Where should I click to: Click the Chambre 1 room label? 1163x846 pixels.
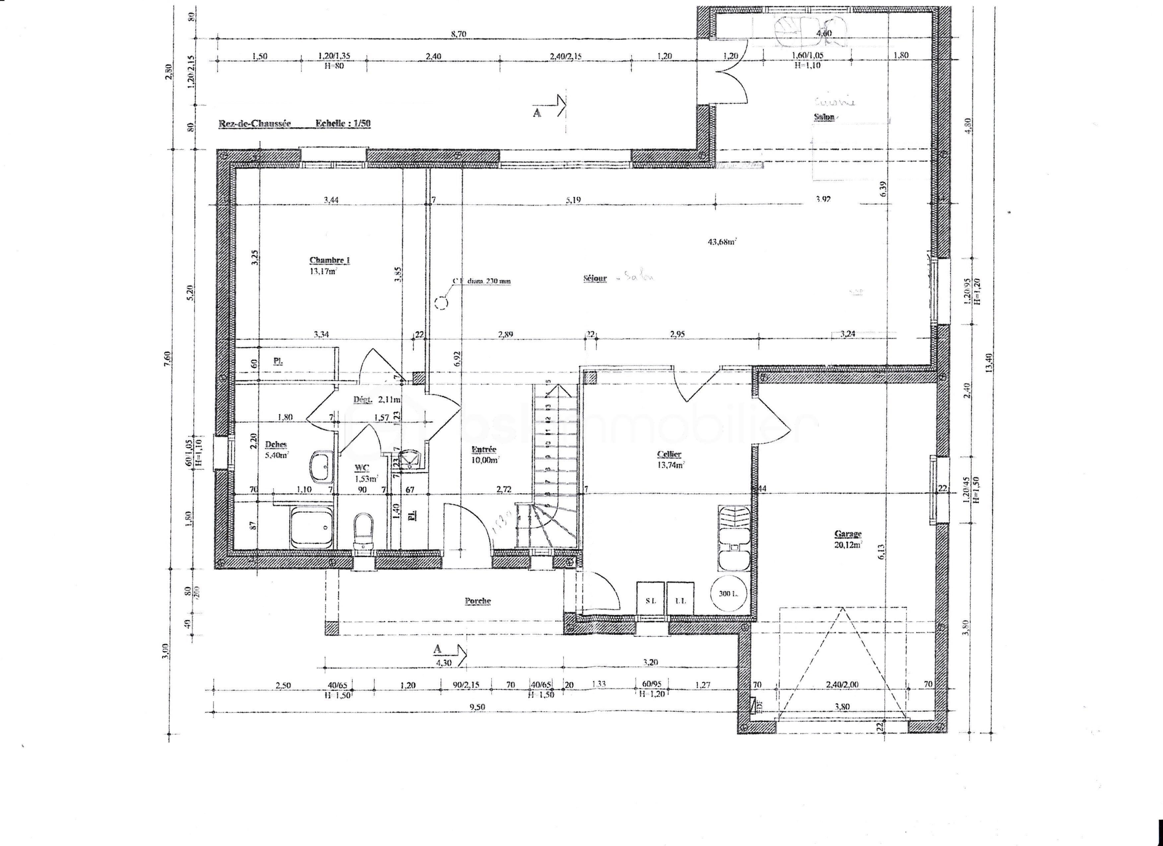tap(329, 260)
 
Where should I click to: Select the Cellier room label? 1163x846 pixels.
tap(669, 454)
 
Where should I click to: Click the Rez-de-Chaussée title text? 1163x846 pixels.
tap(255, 123)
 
